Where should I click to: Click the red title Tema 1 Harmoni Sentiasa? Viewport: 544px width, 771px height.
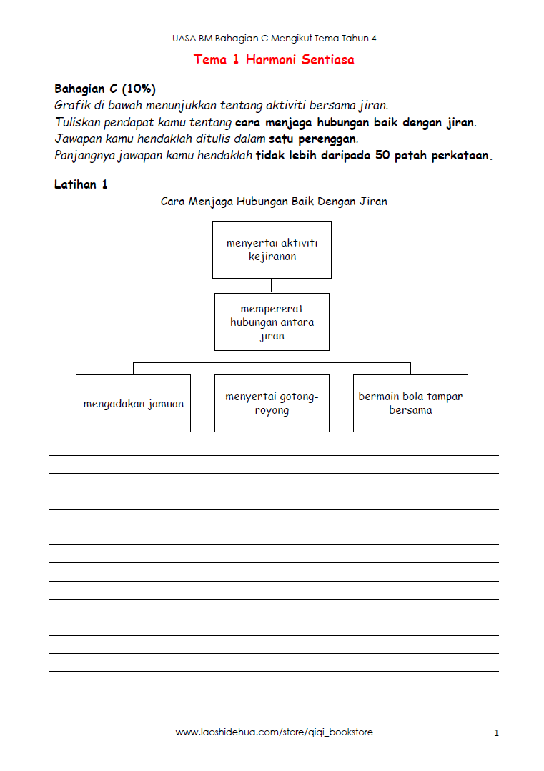coord(274,60)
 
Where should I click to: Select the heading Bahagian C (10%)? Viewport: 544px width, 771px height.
coord(105,89)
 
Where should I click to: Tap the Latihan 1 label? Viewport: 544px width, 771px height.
coord(81,185)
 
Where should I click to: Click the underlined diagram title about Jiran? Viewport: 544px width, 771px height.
coord(274,202)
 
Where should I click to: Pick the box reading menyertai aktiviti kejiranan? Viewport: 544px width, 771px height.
coord(272,249)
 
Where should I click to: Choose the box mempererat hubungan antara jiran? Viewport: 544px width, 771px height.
coord(272,322)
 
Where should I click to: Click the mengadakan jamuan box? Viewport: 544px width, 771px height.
coord(133,404)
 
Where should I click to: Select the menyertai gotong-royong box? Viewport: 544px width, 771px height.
coord(272,404)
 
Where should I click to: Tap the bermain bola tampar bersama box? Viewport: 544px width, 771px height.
coord(410,404)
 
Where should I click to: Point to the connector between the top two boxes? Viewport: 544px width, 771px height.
coord(272,286)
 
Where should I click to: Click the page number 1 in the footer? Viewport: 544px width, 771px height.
coord(496,733)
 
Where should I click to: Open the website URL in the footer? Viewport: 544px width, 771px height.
coord(274,732)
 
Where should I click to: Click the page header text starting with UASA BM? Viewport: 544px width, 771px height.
coord(274,39)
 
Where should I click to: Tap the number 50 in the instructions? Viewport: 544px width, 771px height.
coord(382,156)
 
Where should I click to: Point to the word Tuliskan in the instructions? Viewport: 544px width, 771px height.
coord(78,122)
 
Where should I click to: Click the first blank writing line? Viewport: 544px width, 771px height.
coord(274,455)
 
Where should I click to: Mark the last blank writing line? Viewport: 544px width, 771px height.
coord(274,690)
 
